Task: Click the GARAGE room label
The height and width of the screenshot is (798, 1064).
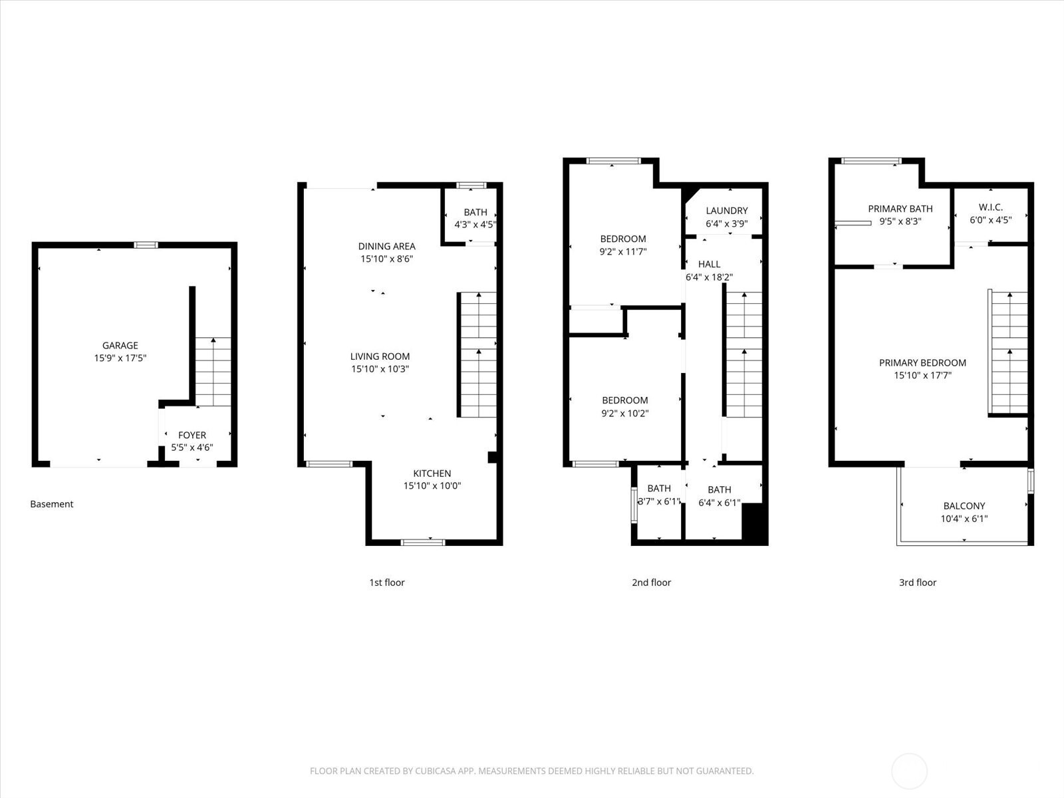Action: [x=120, y=345]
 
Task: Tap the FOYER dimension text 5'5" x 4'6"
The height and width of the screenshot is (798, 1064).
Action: [x=192, y=448]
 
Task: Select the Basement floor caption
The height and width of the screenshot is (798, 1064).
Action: [x=51, y=504]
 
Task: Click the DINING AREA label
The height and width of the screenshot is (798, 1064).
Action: [x=386, y=246]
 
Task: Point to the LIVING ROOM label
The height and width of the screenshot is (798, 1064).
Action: [x=380, y=356]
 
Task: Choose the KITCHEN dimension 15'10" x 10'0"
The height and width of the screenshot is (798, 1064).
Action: [x=432, y=485]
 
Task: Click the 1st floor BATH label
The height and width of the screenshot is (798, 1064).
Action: [x=475, y=212]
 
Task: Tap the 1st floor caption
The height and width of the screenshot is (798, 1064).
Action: [x=386, y=583]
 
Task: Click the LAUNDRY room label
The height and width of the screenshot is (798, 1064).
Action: [x=726, y=211]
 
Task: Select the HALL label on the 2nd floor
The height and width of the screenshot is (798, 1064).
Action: [x=709, y=264]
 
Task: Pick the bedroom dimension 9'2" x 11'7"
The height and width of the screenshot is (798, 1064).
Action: [x=622, y=251]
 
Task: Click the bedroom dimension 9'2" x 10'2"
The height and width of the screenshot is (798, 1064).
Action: [x=624, y=413]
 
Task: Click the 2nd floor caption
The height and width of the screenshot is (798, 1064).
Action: [x=651, y=583]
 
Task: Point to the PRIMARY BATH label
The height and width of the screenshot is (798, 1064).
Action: [x=900, y=209]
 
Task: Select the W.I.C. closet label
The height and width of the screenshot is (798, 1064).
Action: [x=990, y=207]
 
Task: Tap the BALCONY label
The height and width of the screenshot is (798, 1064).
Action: [x=964, y=506]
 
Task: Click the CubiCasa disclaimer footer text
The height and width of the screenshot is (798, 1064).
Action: [x=531, y=771]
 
